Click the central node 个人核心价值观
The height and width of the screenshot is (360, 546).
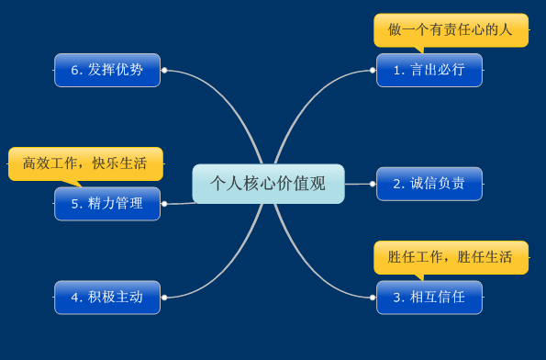(268, 184)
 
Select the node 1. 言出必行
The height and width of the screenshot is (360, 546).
(429, 70)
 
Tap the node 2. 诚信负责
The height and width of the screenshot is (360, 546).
(429, 184)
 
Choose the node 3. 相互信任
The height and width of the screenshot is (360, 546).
(429, 298)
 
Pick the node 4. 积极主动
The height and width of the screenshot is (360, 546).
(106, 298)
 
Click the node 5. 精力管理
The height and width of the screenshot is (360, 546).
(106, 204)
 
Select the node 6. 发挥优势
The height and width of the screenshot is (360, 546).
(106, 70)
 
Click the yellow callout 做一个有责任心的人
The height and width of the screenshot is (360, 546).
(451, 29)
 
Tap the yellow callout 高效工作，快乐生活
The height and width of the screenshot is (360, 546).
(85, 163)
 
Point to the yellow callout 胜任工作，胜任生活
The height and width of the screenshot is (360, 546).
(451, 257)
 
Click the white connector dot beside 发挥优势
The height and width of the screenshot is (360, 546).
(164, 70)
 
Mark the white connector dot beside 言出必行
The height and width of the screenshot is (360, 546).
(372, 70)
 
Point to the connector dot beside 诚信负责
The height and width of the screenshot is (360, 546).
(372, 184)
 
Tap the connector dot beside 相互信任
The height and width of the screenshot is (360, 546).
(372, 297)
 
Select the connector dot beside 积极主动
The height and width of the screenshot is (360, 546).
(164, 298)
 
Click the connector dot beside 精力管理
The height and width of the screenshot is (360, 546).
(164, 204)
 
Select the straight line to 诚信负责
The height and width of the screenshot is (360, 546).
(358, 184)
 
